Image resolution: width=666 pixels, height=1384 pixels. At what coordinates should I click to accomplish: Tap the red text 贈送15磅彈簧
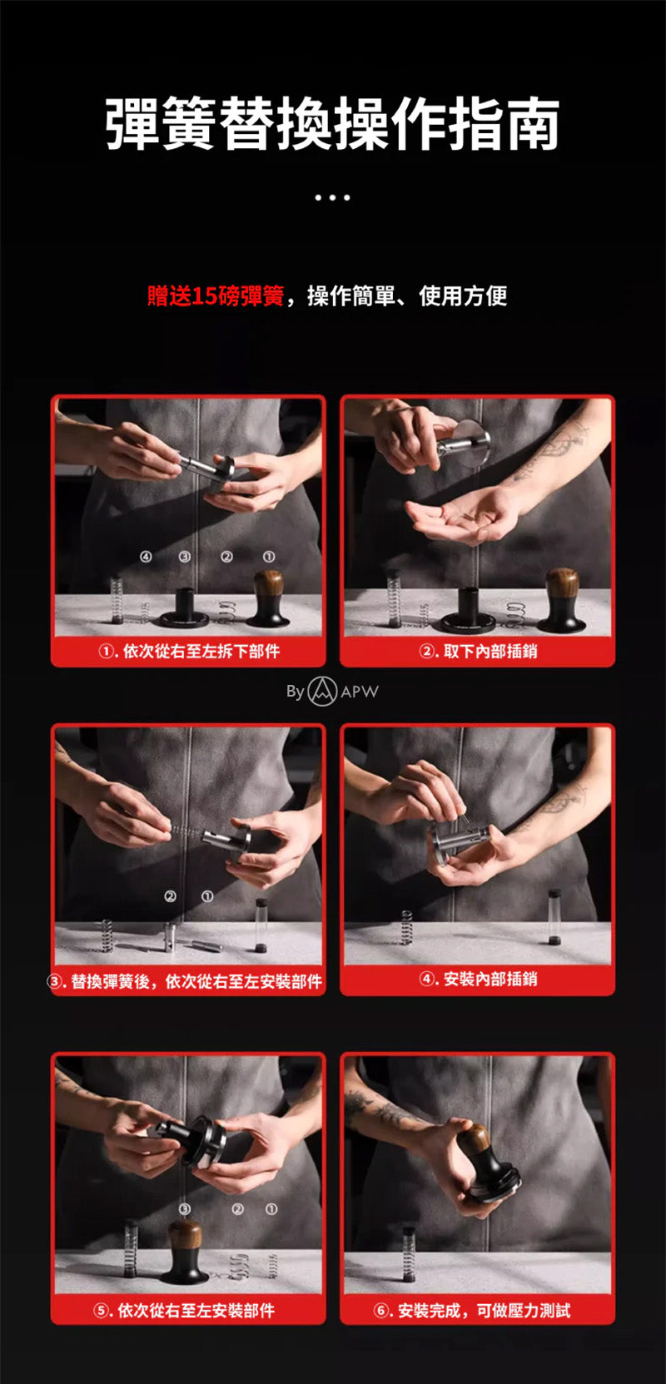tap(216, 296)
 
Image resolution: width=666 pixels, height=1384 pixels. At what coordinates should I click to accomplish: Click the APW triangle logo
tap(322, 692)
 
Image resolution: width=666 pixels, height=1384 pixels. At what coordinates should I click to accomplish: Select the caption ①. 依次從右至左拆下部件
tap(189, 652)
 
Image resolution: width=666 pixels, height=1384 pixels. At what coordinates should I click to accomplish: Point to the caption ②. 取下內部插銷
tap(478, 652)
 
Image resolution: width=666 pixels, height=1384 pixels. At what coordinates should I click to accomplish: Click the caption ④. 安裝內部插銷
tap(478, 979)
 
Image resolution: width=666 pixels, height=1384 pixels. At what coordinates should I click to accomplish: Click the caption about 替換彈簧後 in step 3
tap(186, 981)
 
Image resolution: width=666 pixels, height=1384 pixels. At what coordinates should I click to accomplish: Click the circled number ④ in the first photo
tap(145, 557)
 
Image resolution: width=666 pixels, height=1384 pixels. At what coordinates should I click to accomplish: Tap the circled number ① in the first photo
tap(268, 557)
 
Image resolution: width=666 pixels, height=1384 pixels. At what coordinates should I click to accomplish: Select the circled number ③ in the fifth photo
tap(184, 1208)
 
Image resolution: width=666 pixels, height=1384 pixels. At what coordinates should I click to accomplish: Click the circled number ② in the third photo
tap(170, 896)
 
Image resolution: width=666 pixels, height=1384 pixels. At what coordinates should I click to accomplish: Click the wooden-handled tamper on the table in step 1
tap(268, 599)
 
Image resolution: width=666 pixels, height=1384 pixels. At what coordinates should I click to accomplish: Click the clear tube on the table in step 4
tap(554, 916)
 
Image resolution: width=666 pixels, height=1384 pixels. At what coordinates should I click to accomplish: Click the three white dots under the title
tap(332, 198)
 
